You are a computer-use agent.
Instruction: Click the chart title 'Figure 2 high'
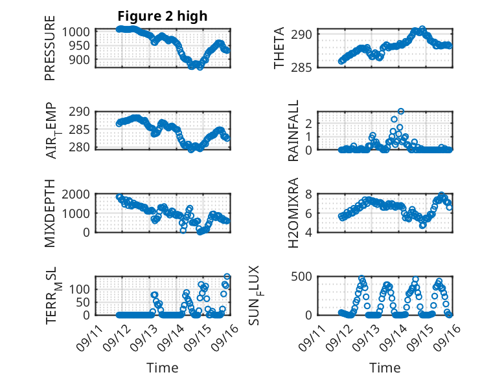point(162,16)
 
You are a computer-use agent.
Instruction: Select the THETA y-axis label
point(279,48)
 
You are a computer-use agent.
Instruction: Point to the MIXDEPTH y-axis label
point(50,213)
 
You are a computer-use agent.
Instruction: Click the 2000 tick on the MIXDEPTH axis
point(78,194)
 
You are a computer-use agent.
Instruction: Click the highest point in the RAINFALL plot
point(401,112)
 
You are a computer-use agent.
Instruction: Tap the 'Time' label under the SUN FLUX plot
point(385,367)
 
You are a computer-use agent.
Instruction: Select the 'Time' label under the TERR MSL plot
point(162,367)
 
